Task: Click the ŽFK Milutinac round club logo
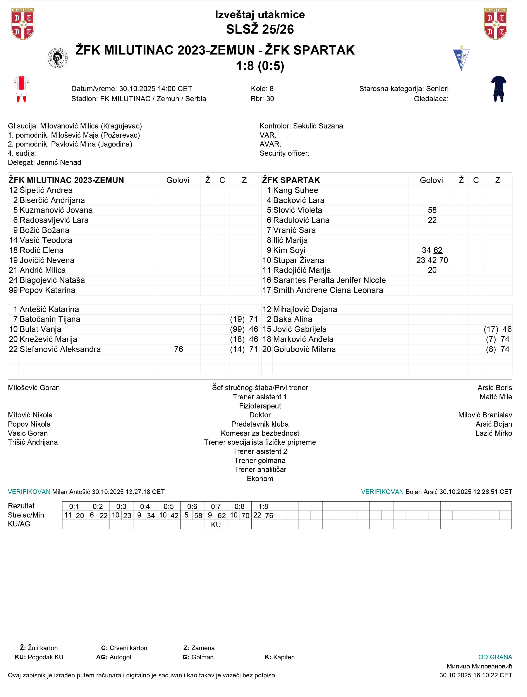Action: point(57,58)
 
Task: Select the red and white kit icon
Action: point(21,89)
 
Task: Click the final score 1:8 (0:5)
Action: point(260,66)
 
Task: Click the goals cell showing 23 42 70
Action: point(432,260)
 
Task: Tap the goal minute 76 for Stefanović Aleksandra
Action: point(179,349)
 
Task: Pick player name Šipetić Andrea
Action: point(46,190)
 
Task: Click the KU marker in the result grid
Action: point(216,525)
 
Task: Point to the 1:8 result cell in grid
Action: point(263,506)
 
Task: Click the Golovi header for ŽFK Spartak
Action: point(431,180)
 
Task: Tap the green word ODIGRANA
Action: point(495,657)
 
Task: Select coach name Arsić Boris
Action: point(494,388)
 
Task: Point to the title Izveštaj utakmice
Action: point(260,14)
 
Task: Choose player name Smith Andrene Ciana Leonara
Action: point(328,290)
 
